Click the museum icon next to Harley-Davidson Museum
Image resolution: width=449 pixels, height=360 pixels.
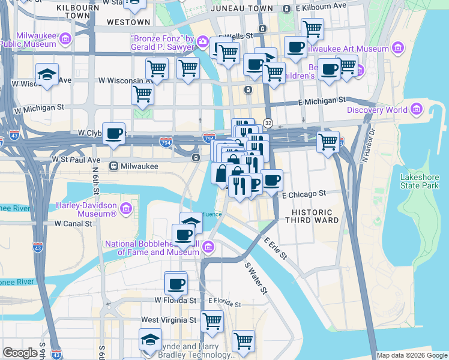tap(125, 209)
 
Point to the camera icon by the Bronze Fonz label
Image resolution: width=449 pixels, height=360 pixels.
tap(203, 41)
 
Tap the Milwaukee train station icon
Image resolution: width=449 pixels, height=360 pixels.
tap(113, 166)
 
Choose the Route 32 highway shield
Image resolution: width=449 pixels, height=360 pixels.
tap(268, 122)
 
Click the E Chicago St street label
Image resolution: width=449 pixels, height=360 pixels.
tap(303, 194)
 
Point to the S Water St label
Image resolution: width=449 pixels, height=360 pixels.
tap(255, 277)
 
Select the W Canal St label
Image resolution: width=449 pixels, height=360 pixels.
tap(73, 223)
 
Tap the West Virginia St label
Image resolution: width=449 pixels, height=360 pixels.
tap(169, 320)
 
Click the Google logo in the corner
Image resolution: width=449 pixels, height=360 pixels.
tap(20, 353)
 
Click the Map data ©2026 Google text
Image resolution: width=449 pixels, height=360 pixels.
tap(411, 355)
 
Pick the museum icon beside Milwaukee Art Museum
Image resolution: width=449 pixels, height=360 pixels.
tap(397, 49)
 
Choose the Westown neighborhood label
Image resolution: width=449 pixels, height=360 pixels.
tap(128, 22)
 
